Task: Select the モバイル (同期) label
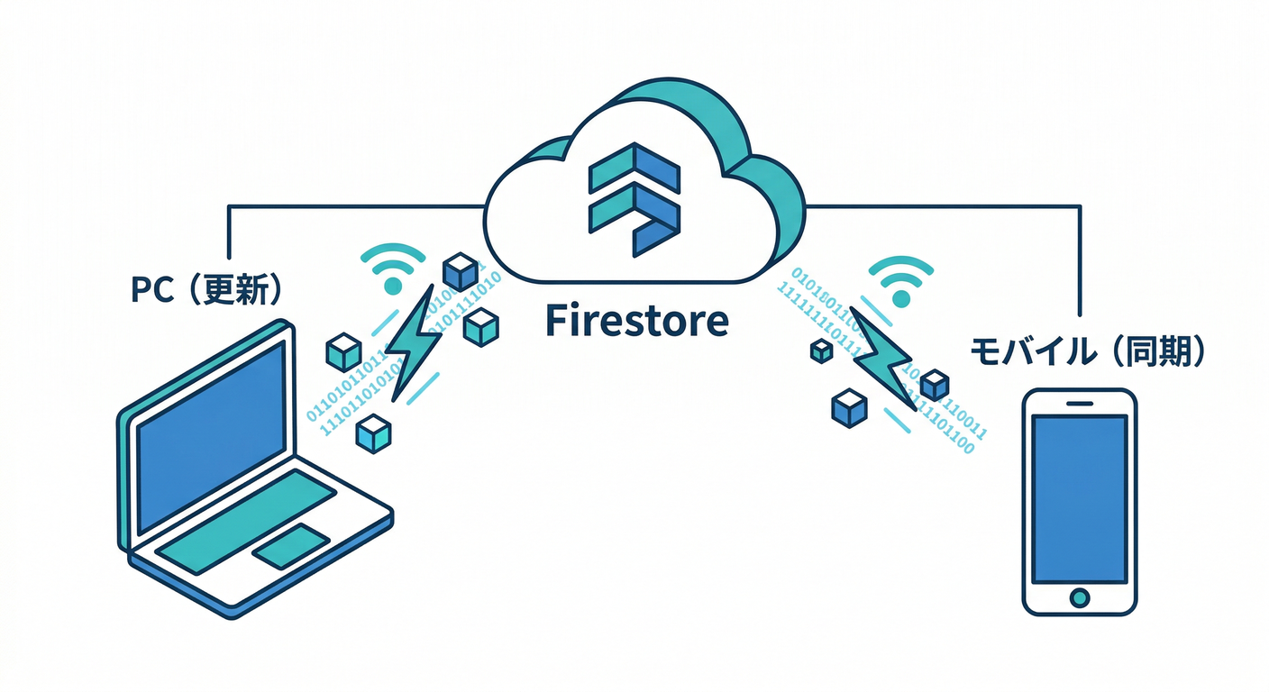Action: pos(1087,351)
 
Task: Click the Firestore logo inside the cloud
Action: pos(634,197)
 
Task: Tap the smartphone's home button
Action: pos(1078,596)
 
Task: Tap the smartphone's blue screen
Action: pos(1078,498)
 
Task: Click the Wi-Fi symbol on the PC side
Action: pos(393,269)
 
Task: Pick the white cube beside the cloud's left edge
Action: pos(461,271)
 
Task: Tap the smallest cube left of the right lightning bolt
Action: pos(821,351)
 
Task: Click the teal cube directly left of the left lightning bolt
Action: pos(343,351)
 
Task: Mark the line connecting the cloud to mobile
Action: pos(946,206)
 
